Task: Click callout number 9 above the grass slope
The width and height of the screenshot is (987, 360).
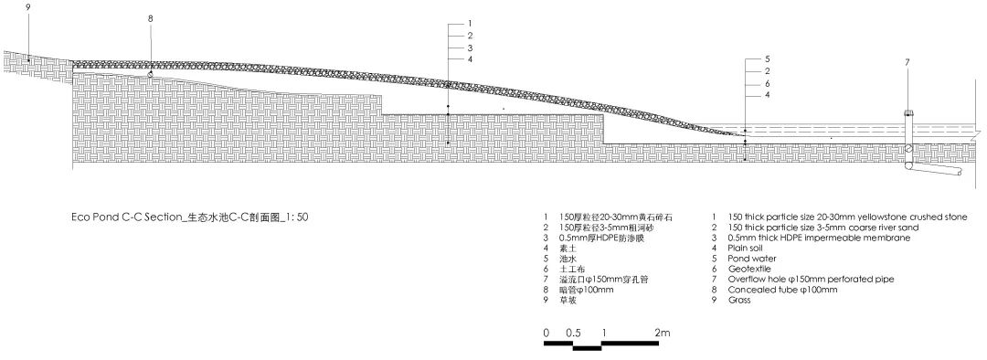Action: click(28, 7)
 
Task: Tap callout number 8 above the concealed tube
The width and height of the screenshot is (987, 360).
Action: click(150, 18)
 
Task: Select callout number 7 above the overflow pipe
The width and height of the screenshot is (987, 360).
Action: click(907, 62)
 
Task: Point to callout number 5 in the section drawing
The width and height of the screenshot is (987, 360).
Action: click(768, 58)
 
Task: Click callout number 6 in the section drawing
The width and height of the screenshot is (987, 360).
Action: click(768, 82)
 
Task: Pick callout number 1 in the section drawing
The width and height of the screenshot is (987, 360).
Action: click(469, 23)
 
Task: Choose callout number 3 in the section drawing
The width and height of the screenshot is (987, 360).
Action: click(469, 47)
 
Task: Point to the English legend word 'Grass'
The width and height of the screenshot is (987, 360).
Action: click(739, 300)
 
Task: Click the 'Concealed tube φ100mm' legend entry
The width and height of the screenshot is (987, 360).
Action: click(783, 290)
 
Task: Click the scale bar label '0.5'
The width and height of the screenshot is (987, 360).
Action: click(574, 333)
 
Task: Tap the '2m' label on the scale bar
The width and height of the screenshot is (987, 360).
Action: click(663, 333)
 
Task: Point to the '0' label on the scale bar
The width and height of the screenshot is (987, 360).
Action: click(546, 333)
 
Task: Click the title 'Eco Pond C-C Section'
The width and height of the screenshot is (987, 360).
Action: click(127, 218)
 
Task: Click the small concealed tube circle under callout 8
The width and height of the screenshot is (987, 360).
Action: click(151, 73)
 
